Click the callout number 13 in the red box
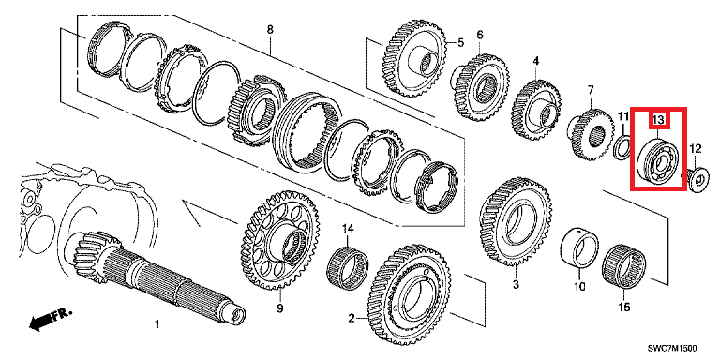658,120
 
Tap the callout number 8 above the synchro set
270,29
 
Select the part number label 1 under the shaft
157,324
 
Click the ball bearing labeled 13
658,161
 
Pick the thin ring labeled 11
622,147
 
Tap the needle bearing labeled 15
623,267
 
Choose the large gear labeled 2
411,297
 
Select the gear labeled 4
536,108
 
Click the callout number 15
624,307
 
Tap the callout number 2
352,317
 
